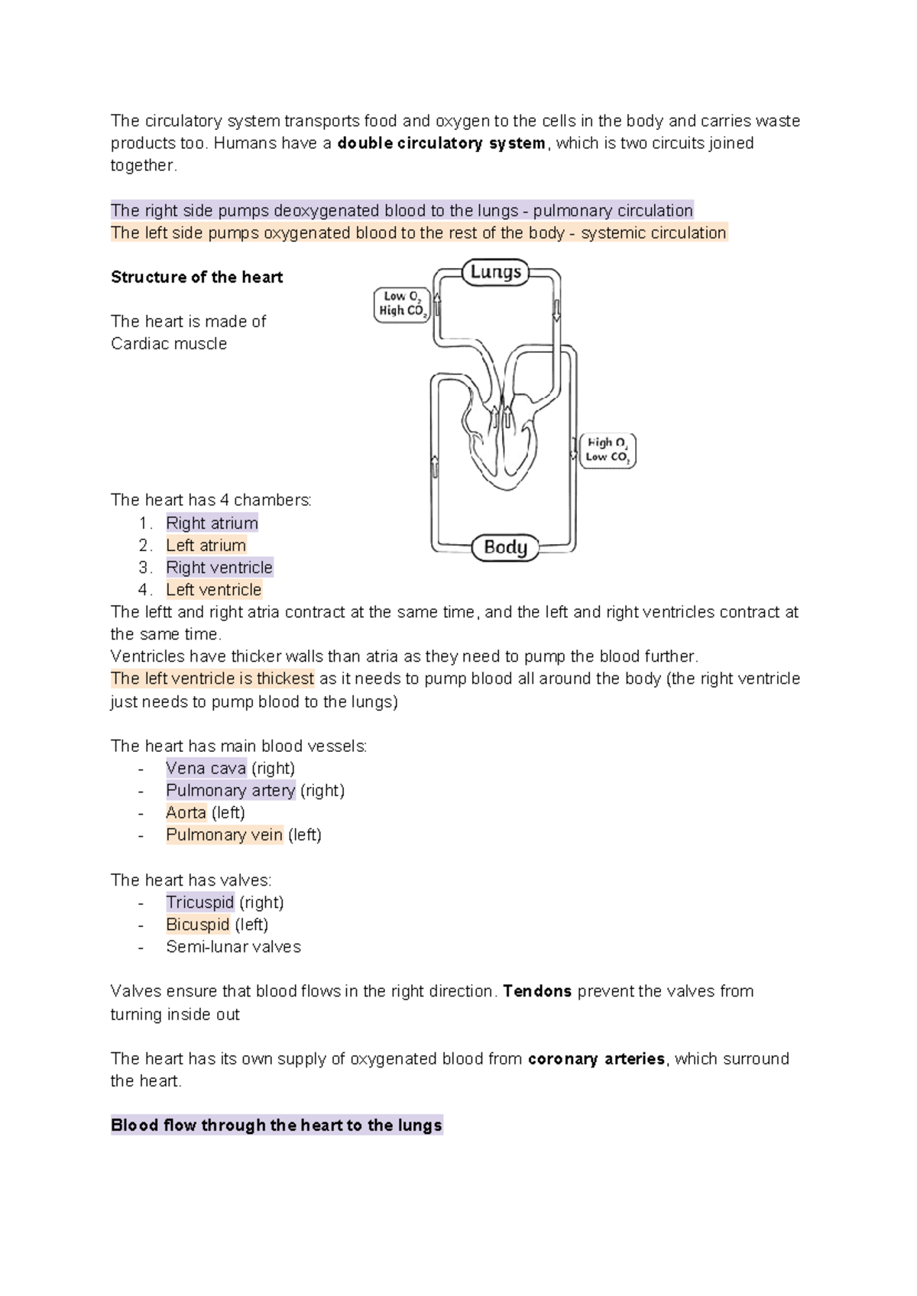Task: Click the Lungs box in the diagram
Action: (495, 272)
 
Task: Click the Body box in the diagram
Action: (505, 547)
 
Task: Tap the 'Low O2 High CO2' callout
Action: (402, 304)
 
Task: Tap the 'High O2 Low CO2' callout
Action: (608, 450)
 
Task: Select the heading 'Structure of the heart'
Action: (196, 277)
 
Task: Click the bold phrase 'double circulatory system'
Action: (441, 144)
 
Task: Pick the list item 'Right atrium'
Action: (212, 523)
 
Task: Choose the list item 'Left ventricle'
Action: (213, 590)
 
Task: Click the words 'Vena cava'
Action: (206, 769)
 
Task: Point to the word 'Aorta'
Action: (186, 813)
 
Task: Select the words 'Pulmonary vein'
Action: (224, 835)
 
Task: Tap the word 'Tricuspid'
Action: (199, 902)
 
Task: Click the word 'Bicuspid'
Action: (197, 925)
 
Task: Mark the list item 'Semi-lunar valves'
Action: (233, 948)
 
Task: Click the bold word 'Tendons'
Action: (537, 992)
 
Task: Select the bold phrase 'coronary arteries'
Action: (596, 1059)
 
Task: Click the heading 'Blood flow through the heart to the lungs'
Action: (276, 1126)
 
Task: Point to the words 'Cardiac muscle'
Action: (169, 344)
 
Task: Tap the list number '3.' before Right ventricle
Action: (145, 568)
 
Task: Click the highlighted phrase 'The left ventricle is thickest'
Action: (212, 679)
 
